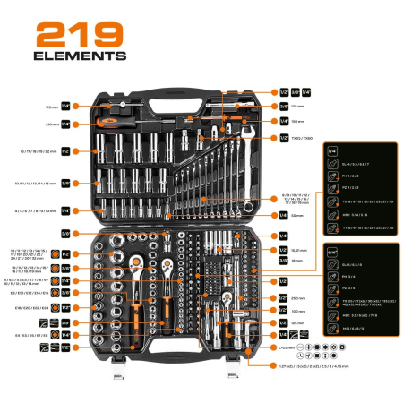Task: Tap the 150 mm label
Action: [x=299, y=120]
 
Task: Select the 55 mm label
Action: [x=297, y=215]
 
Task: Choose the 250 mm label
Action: [x=298, y=297]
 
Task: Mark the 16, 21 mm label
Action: [x=298, y=251]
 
